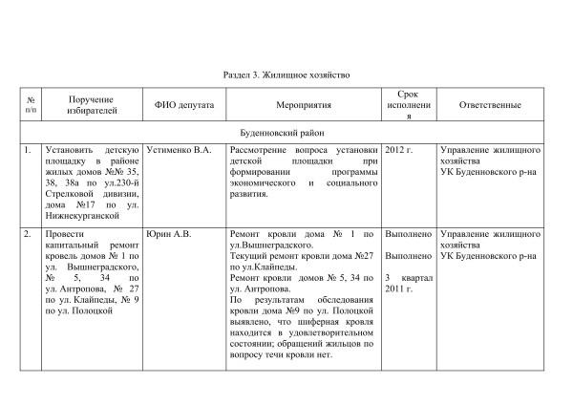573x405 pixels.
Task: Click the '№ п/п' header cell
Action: point(32,105)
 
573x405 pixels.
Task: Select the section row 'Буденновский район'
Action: point(286,133)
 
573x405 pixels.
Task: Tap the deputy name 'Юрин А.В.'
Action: point(165,234)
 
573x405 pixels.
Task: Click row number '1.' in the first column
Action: point(29,151)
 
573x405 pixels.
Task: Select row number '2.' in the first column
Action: point(29,234)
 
